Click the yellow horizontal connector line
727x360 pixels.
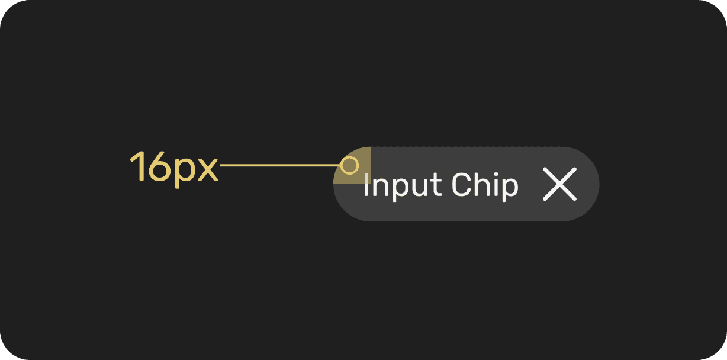(x=278, y=165)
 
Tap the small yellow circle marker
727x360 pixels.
(x=350, y=165)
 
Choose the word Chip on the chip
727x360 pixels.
(x=485, y=186)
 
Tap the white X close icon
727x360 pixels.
(x=559, y=184)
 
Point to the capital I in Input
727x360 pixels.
(x=366, y=185)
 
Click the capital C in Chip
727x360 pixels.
(x=461, y=185)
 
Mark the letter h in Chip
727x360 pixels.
(x=482, y=185)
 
